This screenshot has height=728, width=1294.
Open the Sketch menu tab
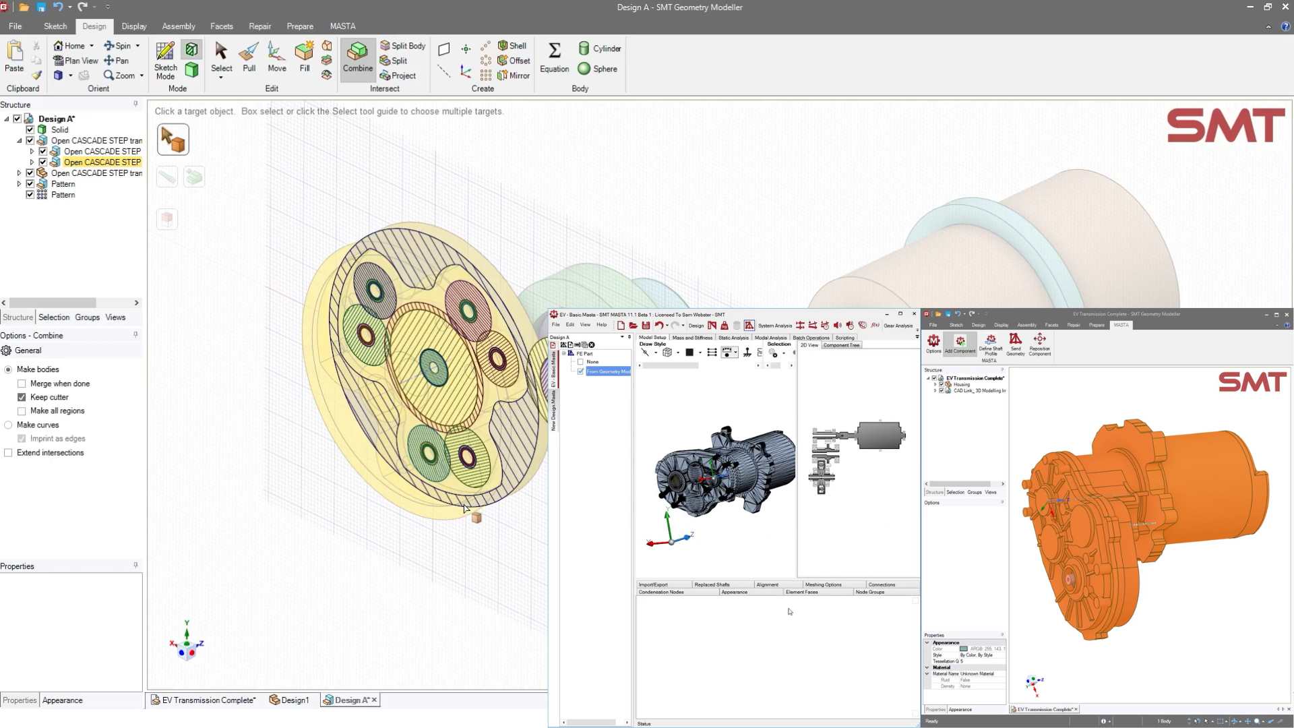55,26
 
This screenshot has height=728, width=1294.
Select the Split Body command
402,46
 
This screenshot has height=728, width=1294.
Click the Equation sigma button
554,57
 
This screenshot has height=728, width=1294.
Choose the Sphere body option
598,69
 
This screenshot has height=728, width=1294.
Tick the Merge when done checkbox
22,384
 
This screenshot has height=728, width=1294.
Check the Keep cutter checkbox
22,397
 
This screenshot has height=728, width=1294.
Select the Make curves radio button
8,425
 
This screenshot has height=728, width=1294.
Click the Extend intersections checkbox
8,453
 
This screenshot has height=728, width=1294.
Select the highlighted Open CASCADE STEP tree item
102,162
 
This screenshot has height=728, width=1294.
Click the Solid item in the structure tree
59,130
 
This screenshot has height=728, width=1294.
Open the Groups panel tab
87,317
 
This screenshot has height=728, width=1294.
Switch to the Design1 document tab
289,700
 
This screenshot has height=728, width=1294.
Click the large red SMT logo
1225,126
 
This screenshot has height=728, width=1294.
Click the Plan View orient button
75,61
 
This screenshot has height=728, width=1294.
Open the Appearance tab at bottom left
63,700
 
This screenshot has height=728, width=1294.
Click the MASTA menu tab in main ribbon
342,26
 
